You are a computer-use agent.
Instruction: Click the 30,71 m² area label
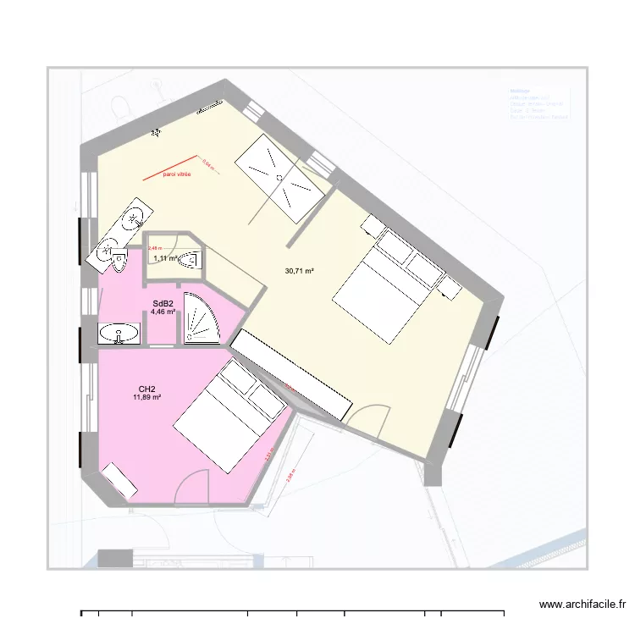pos(300,271)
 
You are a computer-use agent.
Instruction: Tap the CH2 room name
pos(146,388)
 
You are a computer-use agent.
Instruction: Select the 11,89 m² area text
pos(146,396)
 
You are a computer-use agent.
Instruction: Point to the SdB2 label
pos(163,303)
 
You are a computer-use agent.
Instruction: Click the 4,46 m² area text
pos(163,312)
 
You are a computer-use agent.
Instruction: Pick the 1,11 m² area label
pos(165,258)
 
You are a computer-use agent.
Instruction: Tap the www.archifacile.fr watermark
pos(583,605)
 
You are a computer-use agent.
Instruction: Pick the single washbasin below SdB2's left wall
pos(118,334)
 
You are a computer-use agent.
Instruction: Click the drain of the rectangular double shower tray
pos(279,176)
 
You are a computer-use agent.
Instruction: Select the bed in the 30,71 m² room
pos(385,281)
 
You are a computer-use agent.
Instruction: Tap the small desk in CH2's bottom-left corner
pos(120,481)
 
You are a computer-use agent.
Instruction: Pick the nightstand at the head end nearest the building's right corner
pos(450,288)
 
